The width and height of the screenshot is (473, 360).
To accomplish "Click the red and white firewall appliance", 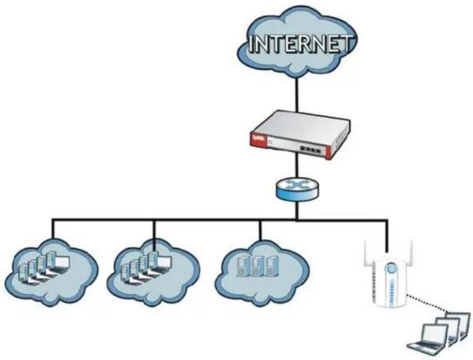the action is point(301,135).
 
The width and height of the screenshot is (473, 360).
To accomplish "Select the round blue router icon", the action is point(297,189).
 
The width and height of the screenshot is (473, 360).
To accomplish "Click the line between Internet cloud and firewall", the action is point(297,93).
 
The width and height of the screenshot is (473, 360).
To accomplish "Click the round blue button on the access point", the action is point(391,268).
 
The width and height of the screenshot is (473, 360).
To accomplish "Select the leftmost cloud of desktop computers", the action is point(52,272).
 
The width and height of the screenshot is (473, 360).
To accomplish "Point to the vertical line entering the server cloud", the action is point(260,230).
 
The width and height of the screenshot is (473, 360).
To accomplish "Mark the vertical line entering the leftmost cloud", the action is point(53,229).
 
